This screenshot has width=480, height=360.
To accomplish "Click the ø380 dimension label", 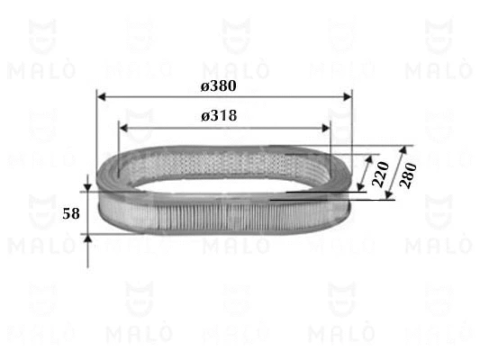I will (x=220, y=85).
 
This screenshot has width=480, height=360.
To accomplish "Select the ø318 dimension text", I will (x=220, y=116).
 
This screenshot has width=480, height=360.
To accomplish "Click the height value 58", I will (x=70, y=214).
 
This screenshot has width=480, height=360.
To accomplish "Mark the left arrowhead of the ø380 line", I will (x=100, y=95).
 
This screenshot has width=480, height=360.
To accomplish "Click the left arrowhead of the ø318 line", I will (x=123, y=127).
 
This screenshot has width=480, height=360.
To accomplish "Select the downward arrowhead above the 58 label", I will (x=87, y=184).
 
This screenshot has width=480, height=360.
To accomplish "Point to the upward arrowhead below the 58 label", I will (x=87, y=240).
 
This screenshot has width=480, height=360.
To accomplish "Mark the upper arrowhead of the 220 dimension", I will (x=371, y=157).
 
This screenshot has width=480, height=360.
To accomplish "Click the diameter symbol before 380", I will (x=205, y=85).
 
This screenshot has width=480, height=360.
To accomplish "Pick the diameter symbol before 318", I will (x=205, y=116).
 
